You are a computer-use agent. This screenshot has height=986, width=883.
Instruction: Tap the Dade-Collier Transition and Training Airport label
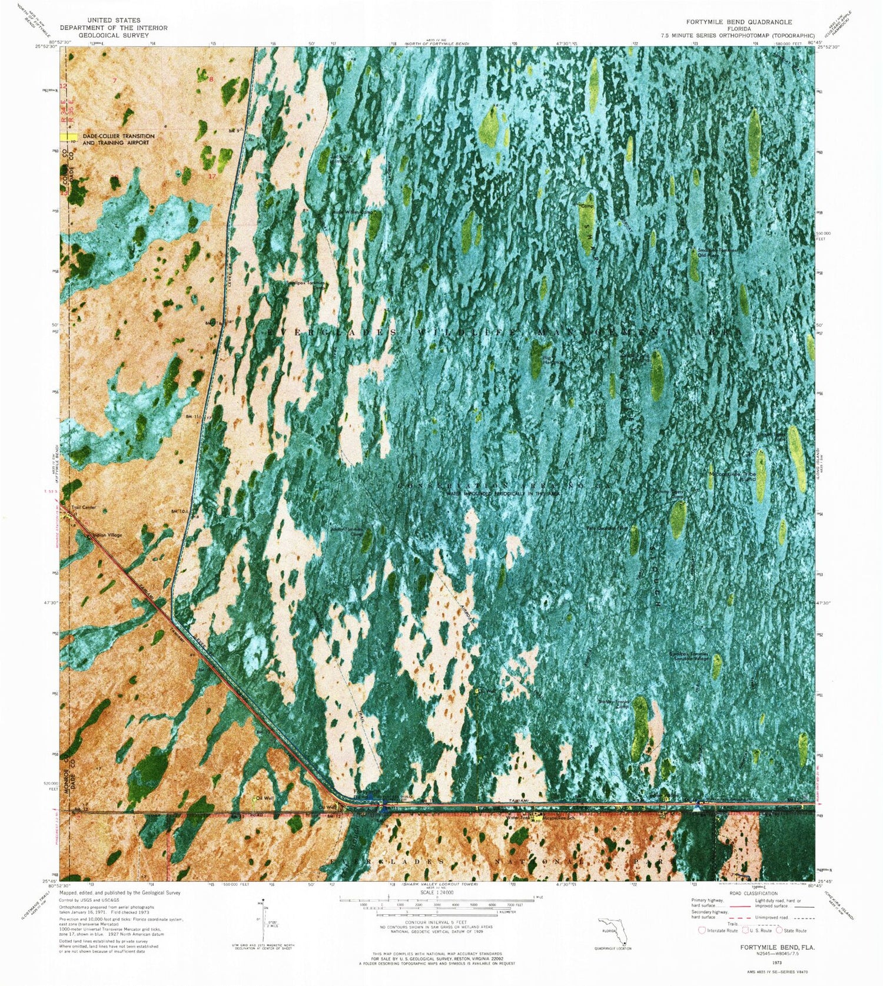(x=118, y=140)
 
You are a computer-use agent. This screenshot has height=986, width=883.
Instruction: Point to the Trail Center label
(x=84, y=507)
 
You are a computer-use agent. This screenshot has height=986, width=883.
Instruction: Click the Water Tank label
(x=516, y=817)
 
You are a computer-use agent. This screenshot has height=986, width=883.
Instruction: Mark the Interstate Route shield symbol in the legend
(x=701, y=930)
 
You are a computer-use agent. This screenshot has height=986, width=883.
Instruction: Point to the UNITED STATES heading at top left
(x=113, y=20)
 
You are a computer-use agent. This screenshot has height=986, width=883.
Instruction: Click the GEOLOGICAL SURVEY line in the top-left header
(x=113, y=35)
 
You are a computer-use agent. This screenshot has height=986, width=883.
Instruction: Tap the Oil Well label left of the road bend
(x=264, y=798)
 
